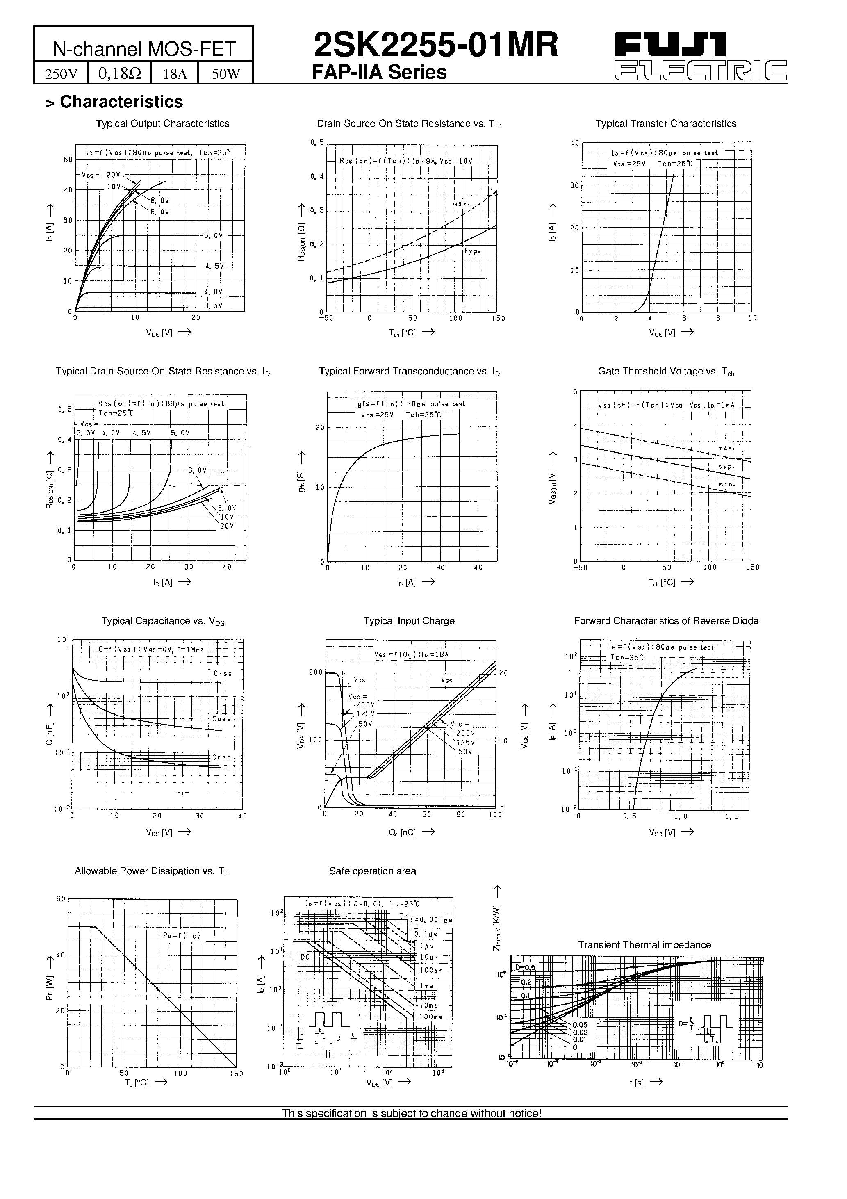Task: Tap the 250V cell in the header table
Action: coord(61,74)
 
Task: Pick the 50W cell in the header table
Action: coord(225,74)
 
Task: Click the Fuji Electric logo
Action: coord(700,57)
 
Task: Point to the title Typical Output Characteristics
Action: coord(162,124)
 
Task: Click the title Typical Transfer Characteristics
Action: coord(666,124)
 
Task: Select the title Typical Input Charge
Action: coord(409,621)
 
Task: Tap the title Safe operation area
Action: coord(372,871)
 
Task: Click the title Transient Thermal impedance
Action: coord(644,945)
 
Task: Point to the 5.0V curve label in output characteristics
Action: coord(213,235)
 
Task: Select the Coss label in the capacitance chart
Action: coord(221,719)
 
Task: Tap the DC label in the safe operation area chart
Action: coord(305,956)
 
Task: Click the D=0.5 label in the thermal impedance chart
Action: coord(525,968)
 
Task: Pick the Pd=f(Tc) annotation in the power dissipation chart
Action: coord(181,935)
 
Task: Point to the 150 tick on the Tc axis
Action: coord(236,1074)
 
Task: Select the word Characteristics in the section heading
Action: coord(121,102)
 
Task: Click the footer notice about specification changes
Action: coord(412,1113)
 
